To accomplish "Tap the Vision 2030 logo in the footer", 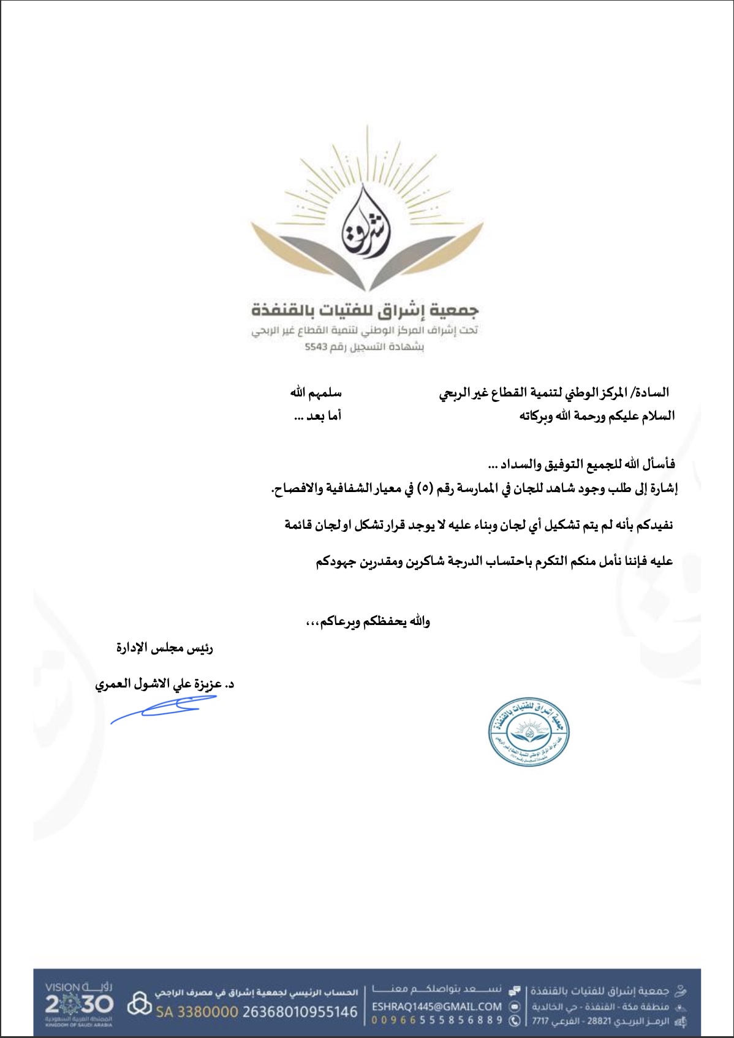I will pyautogui.click(x=79, y=1004).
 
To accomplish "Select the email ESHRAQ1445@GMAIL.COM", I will pyautogui.click(x=436, y=1006).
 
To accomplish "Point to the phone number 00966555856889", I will pyautogui.click(x=436, y=1020).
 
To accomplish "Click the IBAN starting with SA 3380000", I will pyautogui.click(x=256, y=1012).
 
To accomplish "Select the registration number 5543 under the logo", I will pyautogui.click(x=316, y=347).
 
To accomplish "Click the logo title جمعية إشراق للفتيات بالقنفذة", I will pyautogui.click(x=365, y=310).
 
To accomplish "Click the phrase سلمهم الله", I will pyautogui.click(x=316, y=392).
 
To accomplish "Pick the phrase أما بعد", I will pyautogui.click(x=317, y=416).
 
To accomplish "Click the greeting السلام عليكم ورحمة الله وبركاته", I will pyautogui.click(x=597, y=416).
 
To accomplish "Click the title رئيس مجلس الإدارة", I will pyautogui.click(x=164, y=648).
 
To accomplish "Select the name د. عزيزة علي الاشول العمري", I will pyautogui.click(x=164, y=684).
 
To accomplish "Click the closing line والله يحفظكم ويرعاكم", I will pyautogui.click(x=368, y=621).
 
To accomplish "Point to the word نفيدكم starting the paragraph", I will pyautogui.click(x=654, y=525).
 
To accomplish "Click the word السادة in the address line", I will pyautogui.click(x=652, y=392).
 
